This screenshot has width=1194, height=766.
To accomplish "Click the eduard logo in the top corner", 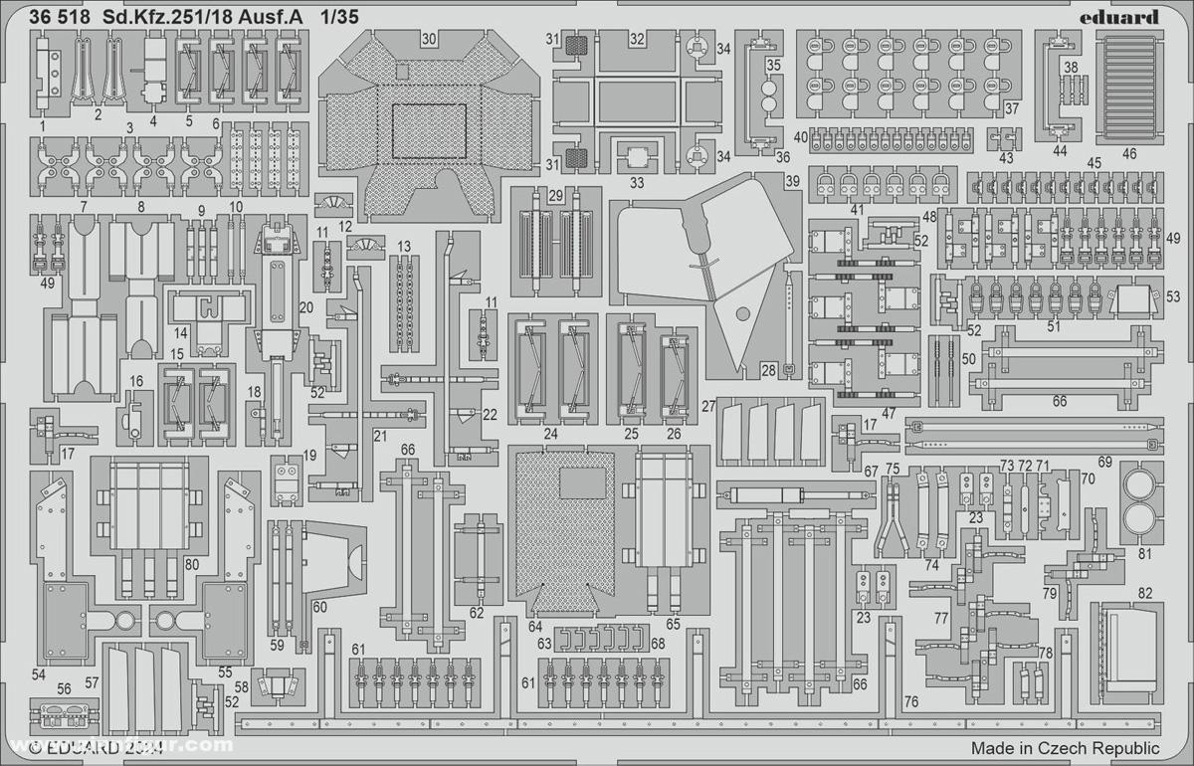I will [1119, 16].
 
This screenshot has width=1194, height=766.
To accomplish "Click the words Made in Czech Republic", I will [1066, 748].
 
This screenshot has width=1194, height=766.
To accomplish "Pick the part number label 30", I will [429, 40].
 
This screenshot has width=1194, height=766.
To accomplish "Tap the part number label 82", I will [1145, 594].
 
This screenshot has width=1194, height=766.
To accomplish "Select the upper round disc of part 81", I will [1140, 483].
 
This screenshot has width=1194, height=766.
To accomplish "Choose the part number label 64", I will [535, 626].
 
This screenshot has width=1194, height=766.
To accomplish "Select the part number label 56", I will [65, 688].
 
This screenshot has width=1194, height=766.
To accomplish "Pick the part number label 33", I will [637, 183].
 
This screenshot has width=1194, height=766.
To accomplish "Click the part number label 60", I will [319, 607].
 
